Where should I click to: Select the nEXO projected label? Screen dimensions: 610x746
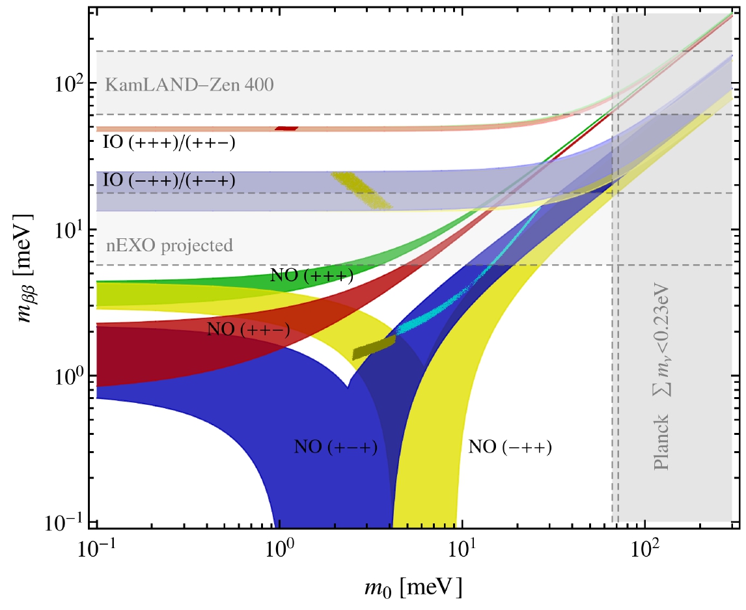click(x=169, y=246)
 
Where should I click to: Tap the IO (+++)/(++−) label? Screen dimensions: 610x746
click(x=169, y=143)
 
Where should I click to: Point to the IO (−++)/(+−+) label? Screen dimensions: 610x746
click(x=169, y=179)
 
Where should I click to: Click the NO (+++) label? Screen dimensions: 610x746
click(x=311, y=276)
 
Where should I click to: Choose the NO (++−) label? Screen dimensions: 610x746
click(x=248, y=329)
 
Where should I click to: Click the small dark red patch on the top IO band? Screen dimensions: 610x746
click(x=286, y=128)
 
